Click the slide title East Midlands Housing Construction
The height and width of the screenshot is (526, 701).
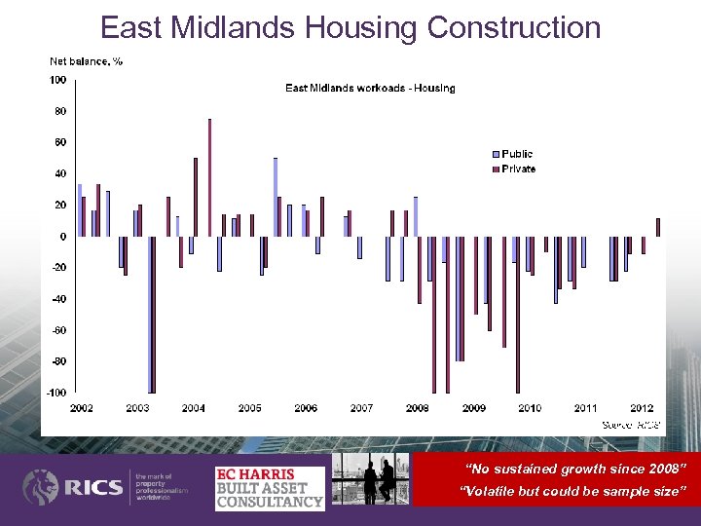350,27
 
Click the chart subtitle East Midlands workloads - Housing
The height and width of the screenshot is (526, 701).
369,89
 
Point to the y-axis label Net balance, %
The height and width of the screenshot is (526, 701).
86,61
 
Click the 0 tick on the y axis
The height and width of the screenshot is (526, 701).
62,237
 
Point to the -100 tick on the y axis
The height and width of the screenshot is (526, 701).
56,393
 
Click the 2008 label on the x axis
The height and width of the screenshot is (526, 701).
418,407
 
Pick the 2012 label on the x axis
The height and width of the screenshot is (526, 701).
642,407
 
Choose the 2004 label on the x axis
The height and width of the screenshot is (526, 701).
193,407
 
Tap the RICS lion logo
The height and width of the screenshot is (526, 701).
41,487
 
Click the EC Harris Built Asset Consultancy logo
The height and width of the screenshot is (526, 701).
269,487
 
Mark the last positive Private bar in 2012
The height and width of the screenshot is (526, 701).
658,227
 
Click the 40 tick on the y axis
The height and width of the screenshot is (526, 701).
59,173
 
